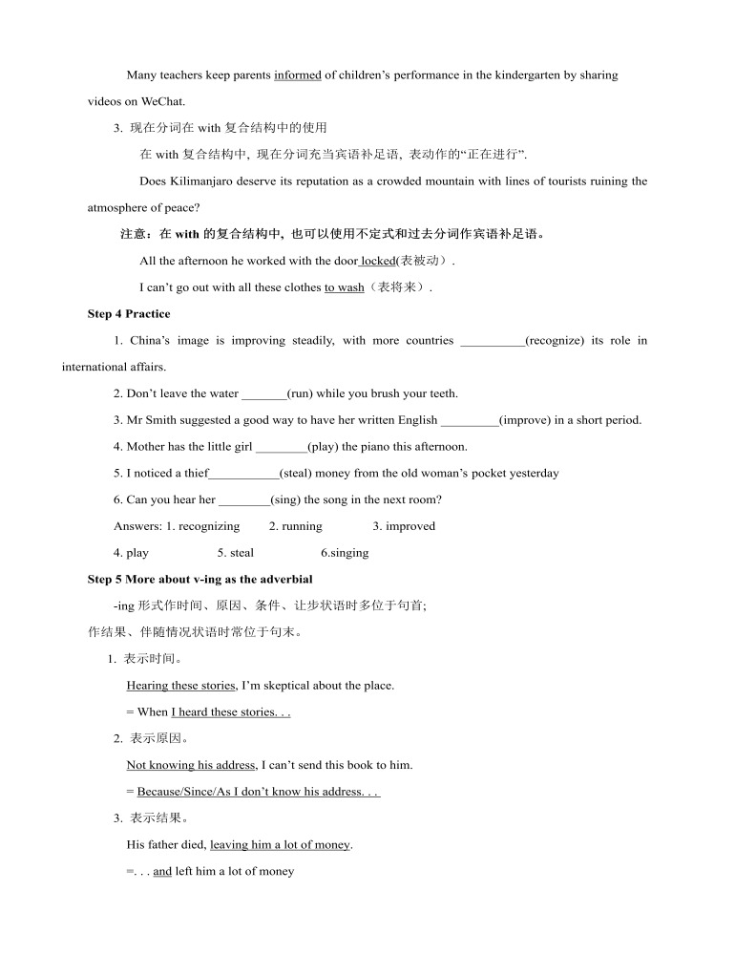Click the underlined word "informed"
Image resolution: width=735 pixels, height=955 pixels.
click(x=297, y=75)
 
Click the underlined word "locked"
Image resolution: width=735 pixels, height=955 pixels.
click(x=378, y=261)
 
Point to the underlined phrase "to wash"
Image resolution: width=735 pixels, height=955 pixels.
click(x=344, y=287)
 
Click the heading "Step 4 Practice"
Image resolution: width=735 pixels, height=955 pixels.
click(x=129, y=313)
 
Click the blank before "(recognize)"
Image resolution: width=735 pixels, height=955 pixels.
click(x=492, y=341)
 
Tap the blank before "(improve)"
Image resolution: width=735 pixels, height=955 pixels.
click(x=470, y=420)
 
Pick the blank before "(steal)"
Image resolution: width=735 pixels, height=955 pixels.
click(x=243, y=474)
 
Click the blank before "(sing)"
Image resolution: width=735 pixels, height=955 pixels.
click(x=244, y=499)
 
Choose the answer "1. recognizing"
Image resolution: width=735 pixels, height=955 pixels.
click(x=203, y=526)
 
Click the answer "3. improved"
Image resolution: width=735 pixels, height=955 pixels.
click(x=404, y=526)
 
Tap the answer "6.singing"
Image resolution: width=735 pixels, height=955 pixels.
click(x=345, y=553)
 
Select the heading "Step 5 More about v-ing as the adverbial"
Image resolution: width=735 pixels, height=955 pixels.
click(x=199, y=579)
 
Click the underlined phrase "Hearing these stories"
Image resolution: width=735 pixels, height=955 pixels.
click(x=180, y=686)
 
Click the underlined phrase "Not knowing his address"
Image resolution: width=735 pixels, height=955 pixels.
click(x=191, y=765)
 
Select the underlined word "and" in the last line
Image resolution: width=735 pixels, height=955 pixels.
click(x=162, y=871)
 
